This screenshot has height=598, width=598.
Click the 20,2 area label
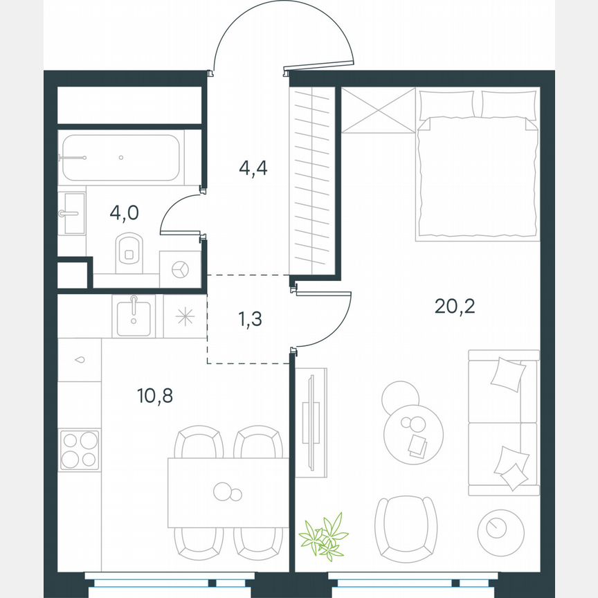point(455,305)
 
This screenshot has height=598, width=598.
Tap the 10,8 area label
point(154,396)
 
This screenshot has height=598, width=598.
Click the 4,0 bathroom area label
point(125,212)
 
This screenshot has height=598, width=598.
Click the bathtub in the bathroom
point(122,158)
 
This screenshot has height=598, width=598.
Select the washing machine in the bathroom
point(181,269)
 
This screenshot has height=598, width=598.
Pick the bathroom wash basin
point(72,214)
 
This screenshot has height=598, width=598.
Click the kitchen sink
point(134,317)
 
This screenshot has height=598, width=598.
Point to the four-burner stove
point(79,449)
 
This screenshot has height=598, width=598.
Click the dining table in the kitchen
point(228,492)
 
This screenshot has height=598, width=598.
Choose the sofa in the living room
point(503,422)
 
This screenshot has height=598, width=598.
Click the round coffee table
point(412,433)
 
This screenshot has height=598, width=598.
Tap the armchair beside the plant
point(406,529)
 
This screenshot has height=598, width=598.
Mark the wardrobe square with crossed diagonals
point(377,110)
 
